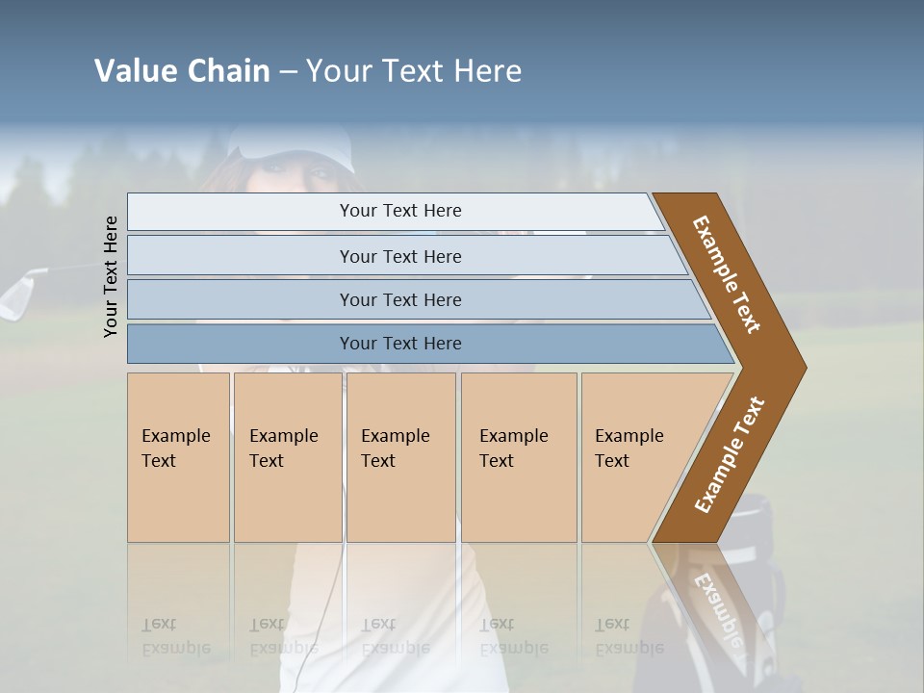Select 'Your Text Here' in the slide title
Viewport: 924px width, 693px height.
coord(414,71)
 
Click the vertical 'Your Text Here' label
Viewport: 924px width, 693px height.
coord(111,276)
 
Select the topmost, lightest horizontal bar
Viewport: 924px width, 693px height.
coord(399,212)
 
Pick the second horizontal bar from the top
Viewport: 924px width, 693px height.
coord(399,256)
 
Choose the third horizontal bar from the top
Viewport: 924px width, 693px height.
coord(399,299)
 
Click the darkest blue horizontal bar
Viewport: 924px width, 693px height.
coord(399,344)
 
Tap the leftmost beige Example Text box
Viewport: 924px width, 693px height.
coord(178,457)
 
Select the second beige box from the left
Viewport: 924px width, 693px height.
coord(287,457)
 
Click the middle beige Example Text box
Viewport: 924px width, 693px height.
coord(400,457)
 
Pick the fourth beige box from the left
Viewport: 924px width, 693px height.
coord(519,457)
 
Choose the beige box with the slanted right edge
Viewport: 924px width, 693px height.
coord(635,457)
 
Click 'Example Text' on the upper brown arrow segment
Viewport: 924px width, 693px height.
coord(727,273)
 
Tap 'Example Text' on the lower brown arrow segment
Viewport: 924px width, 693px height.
coord(729,454)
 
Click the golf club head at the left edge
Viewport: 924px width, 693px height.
coord(17,294)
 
